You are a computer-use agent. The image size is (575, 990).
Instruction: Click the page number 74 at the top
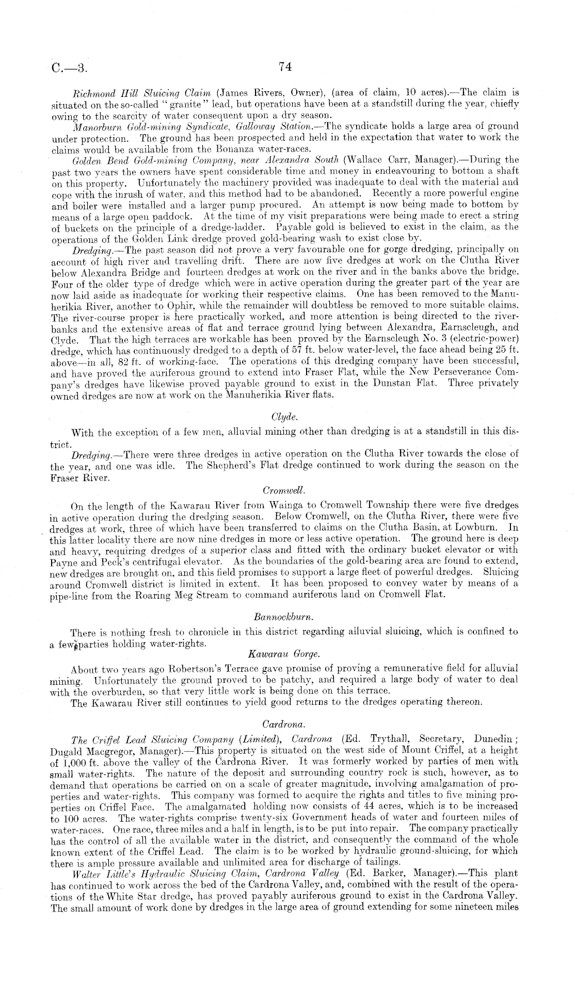(x=285, y=66)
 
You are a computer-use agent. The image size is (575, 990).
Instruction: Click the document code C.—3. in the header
(x=70, y=68)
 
